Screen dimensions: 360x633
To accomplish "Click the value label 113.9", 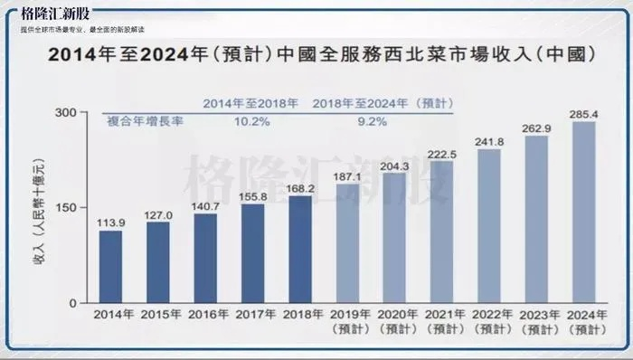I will tap(110, 222).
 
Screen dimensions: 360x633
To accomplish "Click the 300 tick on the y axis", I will tap(64, 112).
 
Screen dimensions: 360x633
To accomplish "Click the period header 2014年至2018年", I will tap(250, 104).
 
